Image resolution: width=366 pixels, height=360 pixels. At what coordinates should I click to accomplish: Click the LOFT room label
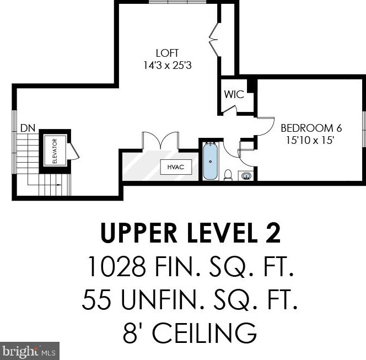[167, 53]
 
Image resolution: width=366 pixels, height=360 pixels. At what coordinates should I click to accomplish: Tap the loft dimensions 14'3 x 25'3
[168, 65]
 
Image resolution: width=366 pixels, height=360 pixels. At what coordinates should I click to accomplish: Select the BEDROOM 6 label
[311, 128]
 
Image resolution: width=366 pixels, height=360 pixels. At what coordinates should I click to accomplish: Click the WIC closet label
[234, 95]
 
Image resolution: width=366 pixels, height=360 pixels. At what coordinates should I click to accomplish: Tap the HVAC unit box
[176, 167]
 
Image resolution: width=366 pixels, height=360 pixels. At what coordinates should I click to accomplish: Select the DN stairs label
[28, 128]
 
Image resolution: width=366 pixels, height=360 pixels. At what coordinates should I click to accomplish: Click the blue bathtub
[211, 161]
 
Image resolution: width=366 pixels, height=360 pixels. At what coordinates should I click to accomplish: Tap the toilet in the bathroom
[228, 175]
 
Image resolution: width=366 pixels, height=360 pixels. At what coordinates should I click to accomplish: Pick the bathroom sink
[245, 175]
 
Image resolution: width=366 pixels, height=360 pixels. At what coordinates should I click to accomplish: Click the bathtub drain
[211, 162]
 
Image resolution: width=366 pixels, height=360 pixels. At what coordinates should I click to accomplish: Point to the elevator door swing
[73, 151]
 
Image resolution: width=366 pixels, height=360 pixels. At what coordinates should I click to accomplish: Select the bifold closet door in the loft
[214, 39]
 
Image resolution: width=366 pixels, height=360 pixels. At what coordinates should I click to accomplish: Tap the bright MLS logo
[30, 351]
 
